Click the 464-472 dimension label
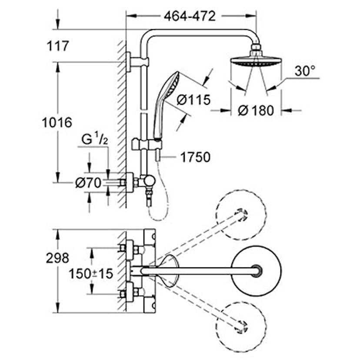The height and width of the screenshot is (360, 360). coord(190,16)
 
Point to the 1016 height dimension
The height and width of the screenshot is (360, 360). coord(57,123)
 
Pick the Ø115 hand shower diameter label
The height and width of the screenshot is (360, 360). coord(193,100)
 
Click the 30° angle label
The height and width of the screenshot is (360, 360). coord(305,71)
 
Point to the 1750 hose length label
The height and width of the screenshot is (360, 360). coord(195,157)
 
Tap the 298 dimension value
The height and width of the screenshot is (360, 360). coord(57,258)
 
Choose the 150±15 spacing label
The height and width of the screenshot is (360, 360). coord(91,274)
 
